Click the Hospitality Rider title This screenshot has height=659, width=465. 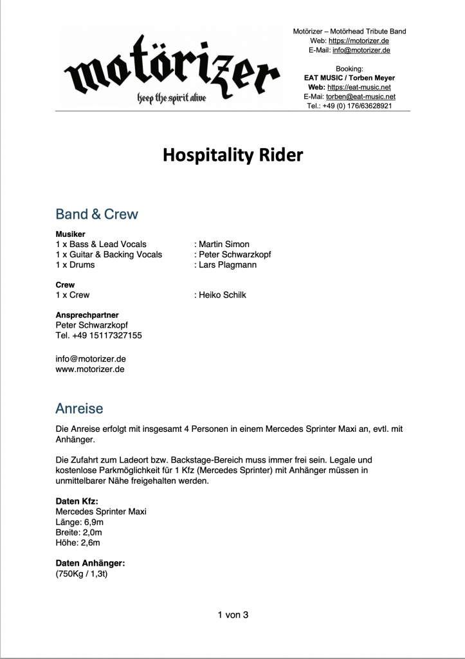point(232,155)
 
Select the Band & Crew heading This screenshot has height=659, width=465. point(96,214)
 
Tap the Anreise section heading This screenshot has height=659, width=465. point(79,409)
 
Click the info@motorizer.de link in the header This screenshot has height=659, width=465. point(361,50)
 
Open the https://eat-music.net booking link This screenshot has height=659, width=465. point(359,87)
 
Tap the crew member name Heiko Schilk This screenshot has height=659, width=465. point(223,295)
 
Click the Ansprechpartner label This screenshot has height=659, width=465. point(87,315)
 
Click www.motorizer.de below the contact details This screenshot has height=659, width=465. point(90,369)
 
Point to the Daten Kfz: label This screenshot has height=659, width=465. point(77,501)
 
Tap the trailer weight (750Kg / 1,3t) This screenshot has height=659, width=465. point(82,573)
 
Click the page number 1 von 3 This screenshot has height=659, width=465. point(233,615)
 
